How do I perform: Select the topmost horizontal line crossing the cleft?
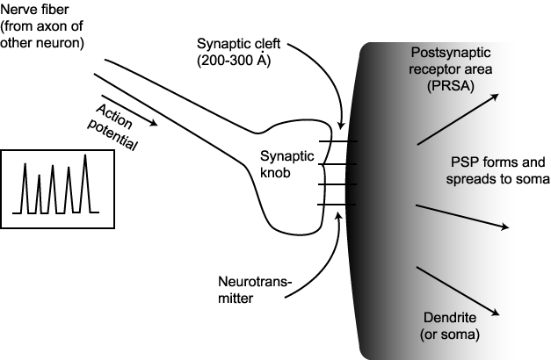pyautogui.click(x=337, y=142)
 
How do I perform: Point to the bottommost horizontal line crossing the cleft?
pyautogui.click(x=337, y=205)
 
